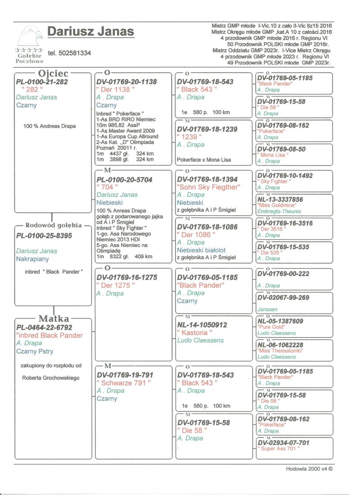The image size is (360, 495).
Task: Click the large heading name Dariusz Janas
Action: [90, 32]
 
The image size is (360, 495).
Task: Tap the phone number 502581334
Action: [69, 53]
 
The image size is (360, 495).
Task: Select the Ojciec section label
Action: [53, 73]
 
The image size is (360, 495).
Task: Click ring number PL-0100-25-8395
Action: [44, 236]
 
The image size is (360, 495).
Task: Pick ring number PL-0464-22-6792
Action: [44, 327]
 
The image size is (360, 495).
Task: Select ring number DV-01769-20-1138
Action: [127, 82]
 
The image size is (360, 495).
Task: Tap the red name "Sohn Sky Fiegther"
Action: [209, 187]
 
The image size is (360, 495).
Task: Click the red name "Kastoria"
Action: [196, 333]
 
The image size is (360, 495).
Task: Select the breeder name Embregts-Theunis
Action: [279, 211]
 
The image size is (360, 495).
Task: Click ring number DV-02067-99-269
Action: [283, 298]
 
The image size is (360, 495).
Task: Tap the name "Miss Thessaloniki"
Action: [279, 350]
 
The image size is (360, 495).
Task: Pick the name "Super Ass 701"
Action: [278, 449]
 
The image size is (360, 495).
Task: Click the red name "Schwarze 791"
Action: [124, 383]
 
